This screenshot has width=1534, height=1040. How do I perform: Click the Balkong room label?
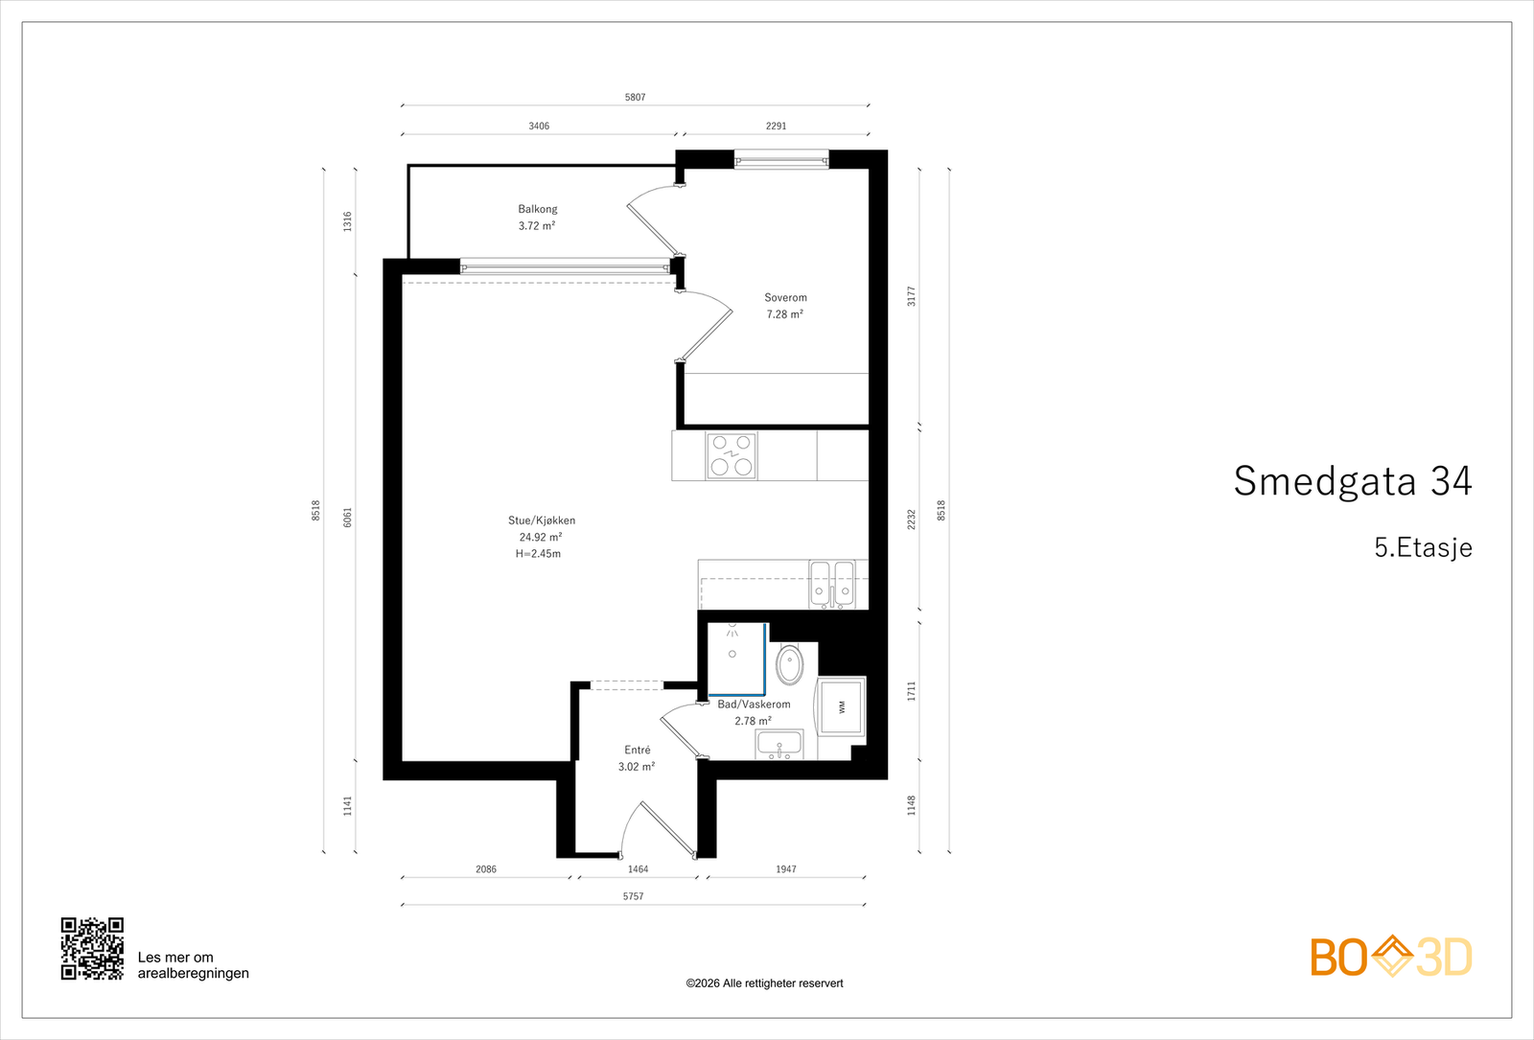click(538, 210)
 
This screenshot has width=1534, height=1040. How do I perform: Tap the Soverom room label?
click(785, 298)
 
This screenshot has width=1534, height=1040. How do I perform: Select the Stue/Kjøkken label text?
click(542, 520)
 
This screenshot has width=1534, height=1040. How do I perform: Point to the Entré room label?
click(638, 751)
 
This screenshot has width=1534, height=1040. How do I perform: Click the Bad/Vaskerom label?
click(754, 705)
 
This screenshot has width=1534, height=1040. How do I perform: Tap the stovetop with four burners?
click(732, 456)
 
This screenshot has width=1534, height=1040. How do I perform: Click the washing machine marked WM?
click(841, 706)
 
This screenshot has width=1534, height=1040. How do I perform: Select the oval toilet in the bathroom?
click(790, 664)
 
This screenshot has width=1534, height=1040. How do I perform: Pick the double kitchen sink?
click(831, 585)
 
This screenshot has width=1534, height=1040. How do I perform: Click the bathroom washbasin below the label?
click(779, 744)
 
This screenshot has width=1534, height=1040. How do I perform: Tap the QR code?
click(92, 949)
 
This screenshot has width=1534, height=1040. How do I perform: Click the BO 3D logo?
click(1391, 957)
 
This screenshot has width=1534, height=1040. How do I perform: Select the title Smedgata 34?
click(1353, 480)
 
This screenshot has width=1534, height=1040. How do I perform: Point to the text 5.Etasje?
click(1423, 547)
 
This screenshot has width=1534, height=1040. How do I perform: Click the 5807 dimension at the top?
click(635, 97)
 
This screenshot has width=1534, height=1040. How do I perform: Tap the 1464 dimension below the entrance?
click(638, 869)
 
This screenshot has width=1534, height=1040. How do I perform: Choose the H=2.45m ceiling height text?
click(538, 554)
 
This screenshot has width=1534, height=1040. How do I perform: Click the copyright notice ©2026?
click(764, 983)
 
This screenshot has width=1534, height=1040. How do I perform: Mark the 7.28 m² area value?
click(785, 314)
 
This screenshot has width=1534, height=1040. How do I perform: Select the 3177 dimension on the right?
click(912, 296)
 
